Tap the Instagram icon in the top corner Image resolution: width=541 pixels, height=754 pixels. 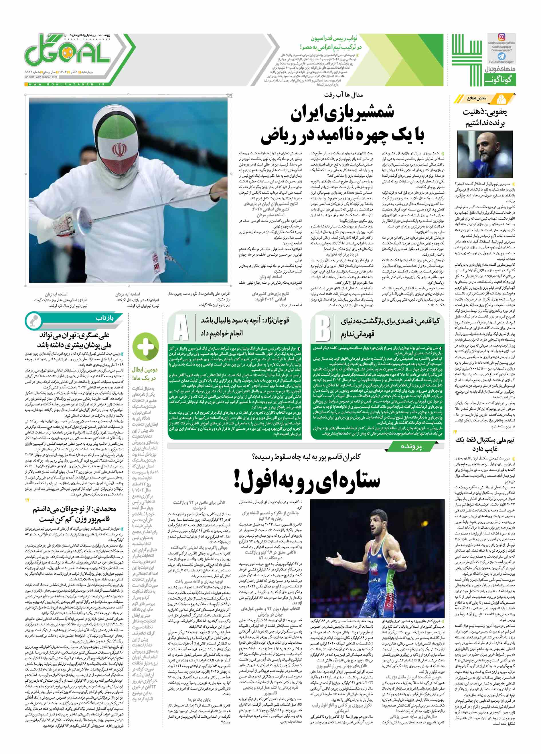501,37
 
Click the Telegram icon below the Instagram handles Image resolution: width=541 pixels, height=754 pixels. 501,57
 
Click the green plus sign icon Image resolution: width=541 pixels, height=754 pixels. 145,347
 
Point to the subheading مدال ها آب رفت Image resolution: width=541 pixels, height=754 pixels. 344,95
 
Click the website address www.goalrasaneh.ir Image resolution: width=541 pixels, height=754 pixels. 66,84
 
